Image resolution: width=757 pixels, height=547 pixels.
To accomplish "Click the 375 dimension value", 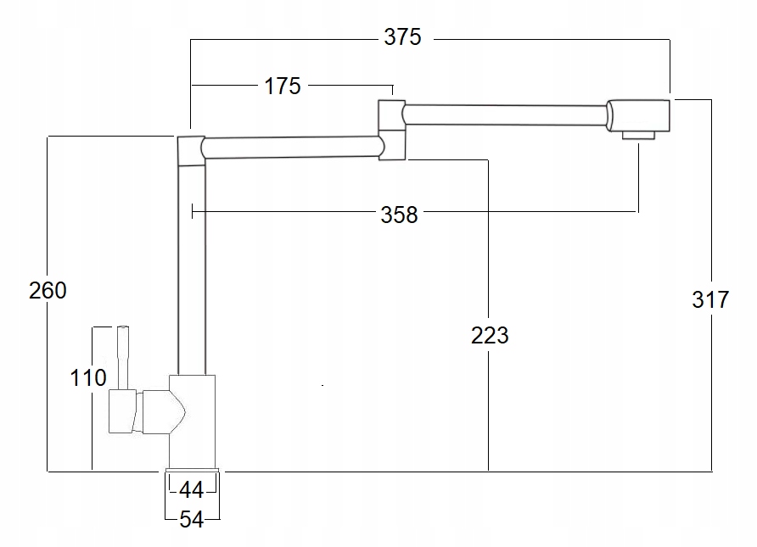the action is coord(402,37).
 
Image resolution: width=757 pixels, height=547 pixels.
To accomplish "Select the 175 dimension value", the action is coord(283,86).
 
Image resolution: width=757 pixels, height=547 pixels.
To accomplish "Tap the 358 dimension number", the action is coord(399,215).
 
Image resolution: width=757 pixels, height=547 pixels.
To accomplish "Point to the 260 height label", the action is coord(48,291).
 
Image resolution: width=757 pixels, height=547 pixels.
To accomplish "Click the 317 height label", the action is coord(710,299).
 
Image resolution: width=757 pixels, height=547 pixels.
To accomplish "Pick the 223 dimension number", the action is coord(490,336).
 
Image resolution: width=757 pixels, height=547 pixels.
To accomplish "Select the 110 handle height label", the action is coord(88,377).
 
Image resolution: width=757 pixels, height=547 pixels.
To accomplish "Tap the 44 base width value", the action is coord(192,489).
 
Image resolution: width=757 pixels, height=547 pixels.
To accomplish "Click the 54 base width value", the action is coord(192,519).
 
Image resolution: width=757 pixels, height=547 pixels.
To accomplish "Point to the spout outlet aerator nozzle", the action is coord(639,135).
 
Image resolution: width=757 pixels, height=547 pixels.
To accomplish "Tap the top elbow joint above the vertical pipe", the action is coord(190,149).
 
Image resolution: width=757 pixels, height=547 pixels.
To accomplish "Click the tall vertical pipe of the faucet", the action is coord(192,271).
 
